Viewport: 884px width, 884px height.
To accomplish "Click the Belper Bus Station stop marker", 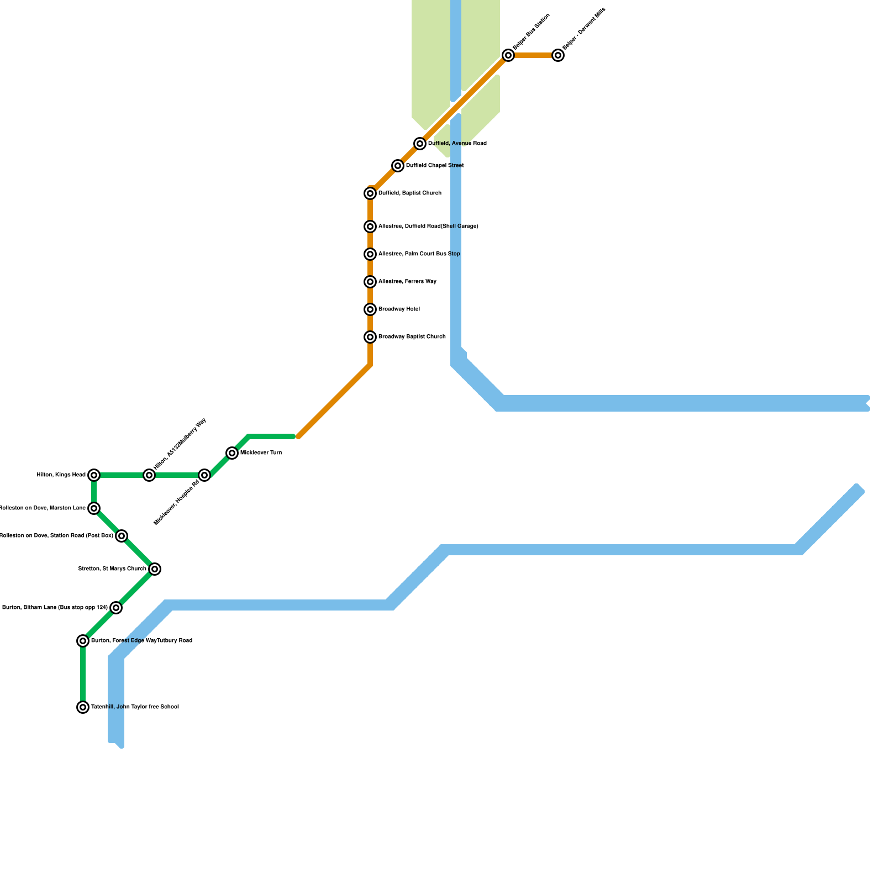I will (508, 55).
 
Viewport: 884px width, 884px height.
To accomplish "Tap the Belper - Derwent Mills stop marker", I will (558, 55).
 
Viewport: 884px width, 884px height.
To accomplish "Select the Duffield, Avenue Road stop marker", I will (420, 144).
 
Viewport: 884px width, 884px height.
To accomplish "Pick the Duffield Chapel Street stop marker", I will (398, 166).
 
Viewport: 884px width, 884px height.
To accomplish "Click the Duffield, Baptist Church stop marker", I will (370, 193).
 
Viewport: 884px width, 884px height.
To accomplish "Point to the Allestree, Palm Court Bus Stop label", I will (419, 254).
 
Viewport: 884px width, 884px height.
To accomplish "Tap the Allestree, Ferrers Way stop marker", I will (370, 282).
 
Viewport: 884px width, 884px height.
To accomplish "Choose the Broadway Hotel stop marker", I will (370, 309).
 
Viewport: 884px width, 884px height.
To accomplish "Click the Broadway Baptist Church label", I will (412, 337).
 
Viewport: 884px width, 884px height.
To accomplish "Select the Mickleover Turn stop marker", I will (232, 453).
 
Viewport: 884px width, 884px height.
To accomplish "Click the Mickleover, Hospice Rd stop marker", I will (204, 475).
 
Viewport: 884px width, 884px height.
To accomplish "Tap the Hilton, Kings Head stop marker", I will (94, 475).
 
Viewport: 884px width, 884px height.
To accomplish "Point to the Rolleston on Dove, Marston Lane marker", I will (94, 508).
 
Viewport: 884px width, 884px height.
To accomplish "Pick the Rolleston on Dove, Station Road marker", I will (122, 536).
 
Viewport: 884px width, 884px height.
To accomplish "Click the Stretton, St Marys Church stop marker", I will (155, 569).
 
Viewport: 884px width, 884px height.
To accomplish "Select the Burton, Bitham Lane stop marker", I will (115, 608).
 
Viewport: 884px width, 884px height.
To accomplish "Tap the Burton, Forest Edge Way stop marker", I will (83, 641).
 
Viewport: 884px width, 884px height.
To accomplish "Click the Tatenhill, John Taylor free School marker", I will (83, 707).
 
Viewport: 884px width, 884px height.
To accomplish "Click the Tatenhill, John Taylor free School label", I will (135, 707).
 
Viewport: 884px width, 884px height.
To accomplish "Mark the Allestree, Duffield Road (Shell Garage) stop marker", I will (370, 227).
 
